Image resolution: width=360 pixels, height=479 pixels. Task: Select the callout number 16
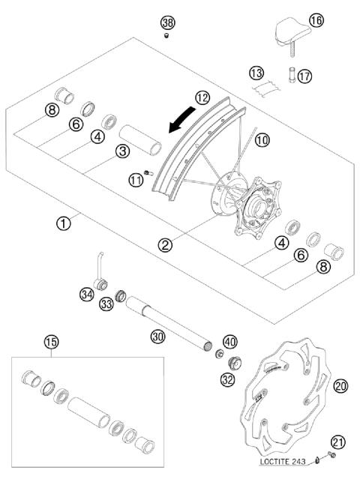[x=316, y=21]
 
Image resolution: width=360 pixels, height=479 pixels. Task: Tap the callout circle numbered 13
[x=257, y=73]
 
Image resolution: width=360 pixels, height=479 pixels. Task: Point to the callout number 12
[x=202, y=97]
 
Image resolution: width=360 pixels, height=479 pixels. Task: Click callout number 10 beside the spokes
[x=261, y=139]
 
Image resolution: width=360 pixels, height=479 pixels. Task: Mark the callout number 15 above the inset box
[x=51, y=342]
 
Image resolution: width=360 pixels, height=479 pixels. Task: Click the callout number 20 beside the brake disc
[x=340, y=385]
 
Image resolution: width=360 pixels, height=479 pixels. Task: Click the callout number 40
[x=229, y=340]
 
